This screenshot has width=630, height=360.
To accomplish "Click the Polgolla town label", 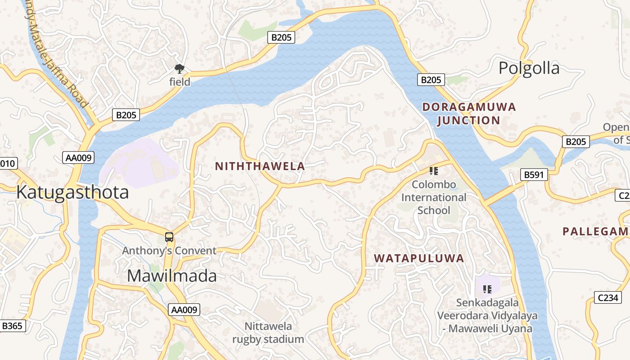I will click(x=529, y=68).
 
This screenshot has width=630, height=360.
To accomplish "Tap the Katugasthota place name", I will click(x=72, y=192).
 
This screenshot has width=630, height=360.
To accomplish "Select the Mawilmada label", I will click(x=171, y=276).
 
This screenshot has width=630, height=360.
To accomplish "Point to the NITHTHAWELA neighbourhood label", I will click(x=260, y=166).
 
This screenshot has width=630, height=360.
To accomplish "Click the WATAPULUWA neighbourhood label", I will click(x=419, y=258).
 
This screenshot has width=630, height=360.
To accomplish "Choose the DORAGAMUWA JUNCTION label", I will click(x=468, y=114).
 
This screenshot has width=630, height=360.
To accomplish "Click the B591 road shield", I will click(x=534, y=175).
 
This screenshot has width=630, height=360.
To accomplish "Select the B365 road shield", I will click(x=12, y=326).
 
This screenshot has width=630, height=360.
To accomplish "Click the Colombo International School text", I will click(x=433, y=198).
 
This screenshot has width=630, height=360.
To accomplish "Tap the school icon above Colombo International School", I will click(x=434, y=171).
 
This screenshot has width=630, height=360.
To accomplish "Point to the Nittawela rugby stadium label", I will click(x=268, y=333).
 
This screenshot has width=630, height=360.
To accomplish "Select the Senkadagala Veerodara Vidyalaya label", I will click(x=487, y=315).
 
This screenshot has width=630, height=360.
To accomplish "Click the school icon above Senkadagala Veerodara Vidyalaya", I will click(x=487, y=289).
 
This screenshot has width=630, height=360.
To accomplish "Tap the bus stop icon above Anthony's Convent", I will click(x=169, y=237).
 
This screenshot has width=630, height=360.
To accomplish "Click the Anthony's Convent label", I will click(x=169, y=251).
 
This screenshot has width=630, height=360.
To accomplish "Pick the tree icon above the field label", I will click(x=180, y=69).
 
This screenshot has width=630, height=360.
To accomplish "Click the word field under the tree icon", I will click(x=180, y=82).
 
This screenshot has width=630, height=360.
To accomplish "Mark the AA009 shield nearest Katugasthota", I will click(x=78, y=157).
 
